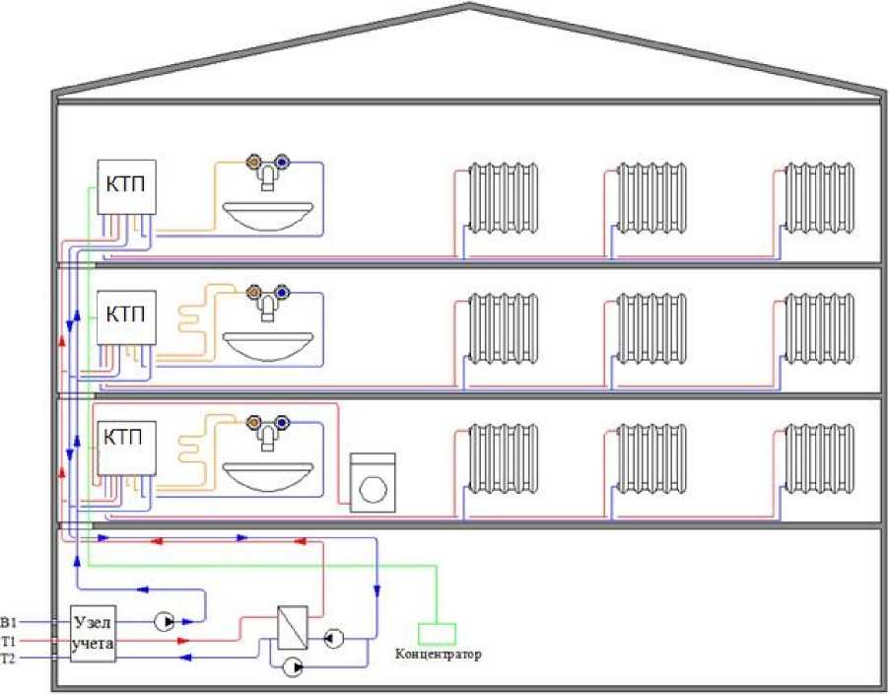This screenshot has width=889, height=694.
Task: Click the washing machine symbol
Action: click(373, 483)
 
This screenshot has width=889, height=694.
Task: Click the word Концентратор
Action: click(439, 654)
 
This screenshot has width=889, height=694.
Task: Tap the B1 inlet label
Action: click(10, 622)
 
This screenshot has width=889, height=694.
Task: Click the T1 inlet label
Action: click(10, 641)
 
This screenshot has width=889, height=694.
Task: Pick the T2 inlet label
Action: click(10, 658)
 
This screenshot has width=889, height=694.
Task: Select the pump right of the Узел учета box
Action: click(164, 622)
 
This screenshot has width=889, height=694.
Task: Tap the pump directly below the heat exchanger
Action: click(293, 668)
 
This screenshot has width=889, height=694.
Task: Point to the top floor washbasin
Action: click(267, 210)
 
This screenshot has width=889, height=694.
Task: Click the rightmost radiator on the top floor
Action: click(819, 196)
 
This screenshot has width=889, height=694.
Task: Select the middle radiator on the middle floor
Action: click(651, 327)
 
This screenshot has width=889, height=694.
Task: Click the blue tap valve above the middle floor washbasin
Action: click(283, 292)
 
